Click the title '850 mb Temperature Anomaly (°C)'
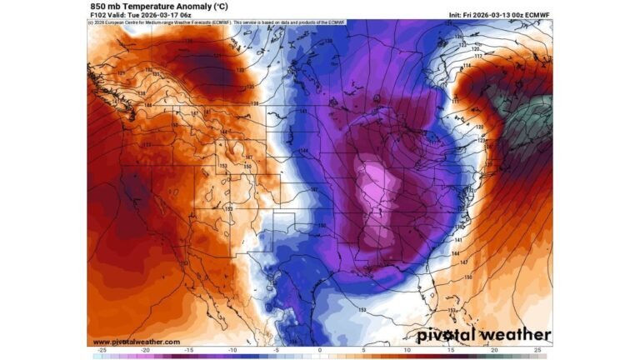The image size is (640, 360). tap(150, 6)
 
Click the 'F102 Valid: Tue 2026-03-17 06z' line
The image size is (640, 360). tap(142, 15)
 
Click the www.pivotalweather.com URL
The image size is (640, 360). tap(136, 342)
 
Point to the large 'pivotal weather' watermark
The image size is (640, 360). tap(483, 336)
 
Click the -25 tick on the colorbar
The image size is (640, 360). tap(102, 352)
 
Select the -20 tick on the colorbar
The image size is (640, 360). tap(145, 352)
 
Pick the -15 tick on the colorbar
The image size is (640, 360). tap(189, 352)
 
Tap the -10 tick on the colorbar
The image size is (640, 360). tap(232, 352)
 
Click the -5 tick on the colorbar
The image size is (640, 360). tap(276, 352)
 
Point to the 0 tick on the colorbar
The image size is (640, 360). tap(320, 352)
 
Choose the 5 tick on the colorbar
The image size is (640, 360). tap(363, 352)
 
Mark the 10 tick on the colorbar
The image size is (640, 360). tap(407, 352)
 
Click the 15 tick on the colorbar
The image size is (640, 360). tap(450, 352)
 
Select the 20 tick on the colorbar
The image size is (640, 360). tap(494, 352)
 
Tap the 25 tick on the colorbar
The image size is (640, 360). tap(537, 352)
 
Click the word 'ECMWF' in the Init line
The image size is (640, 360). tap(537, 15)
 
